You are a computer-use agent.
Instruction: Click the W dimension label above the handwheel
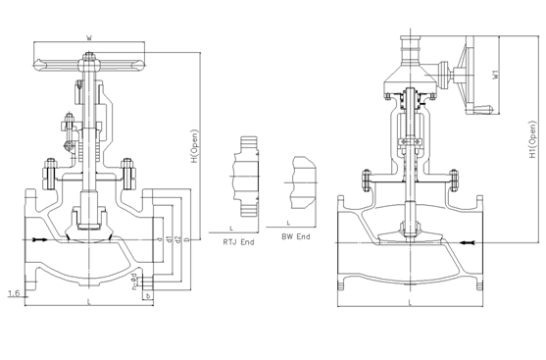pyautogui.click(x=89, y=37)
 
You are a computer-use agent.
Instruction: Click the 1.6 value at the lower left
pyautogui.click(x=13, y=293)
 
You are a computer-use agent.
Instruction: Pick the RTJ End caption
pyautogui.click(x=240, y=238)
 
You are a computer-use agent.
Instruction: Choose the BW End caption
pyautogui.click(x=295, y=237)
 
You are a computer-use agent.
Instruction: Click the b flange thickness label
pyautogui.click(x=147, y=295)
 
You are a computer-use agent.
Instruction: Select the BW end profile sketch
pyautogui.click(x=300, y=180)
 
